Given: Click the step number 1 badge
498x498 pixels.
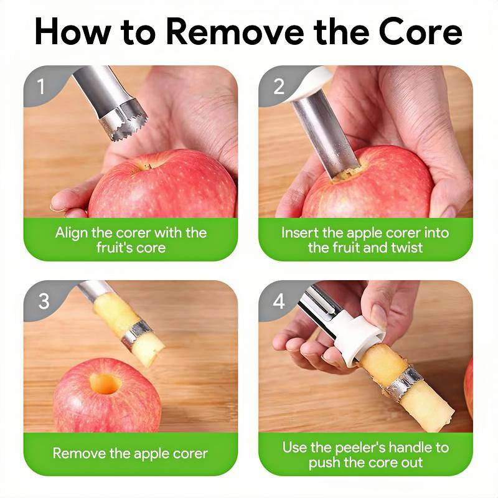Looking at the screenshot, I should pyautogui.click(x=41, y=87).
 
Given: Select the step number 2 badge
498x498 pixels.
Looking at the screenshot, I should pyautogui.click(x=278, y=87).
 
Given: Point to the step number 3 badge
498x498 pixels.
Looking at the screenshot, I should pyautogui.click(x=44, y=301).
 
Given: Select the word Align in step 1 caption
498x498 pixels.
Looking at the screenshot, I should pyautogui.click(x=72, y=233).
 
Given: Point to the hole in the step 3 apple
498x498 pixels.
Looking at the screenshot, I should pyautogui.click(x=105, y=383).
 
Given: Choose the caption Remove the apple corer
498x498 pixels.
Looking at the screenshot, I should pyautogui.click(x=130, y=453).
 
